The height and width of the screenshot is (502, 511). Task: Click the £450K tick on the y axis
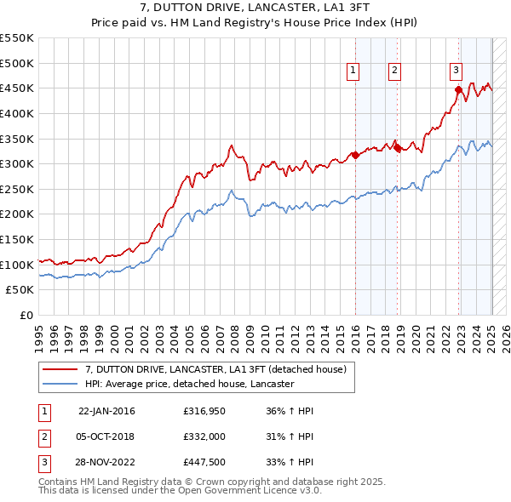click(18, 88)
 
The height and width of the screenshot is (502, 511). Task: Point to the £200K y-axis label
click(18, 214)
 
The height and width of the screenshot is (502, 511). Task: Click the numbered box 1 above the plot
click(352, 71)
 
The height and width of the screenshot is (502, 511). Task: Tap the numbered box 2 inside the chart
click(395, 71)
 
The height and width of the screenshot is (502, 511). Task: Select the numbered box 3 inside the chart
click(456, 71)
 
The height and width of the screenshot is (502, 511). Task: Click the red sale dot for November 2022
click(458, 88)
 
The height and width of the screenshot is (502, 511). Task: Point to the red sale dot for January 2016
click(355, 155)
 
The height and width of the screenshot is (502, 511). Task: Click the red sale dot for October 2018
click(397, 147)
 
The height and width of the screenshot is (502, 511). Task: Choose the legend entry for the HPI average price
click(189, 384)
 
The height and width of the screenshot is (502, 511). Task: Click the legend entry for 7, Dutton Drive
click(215, 370)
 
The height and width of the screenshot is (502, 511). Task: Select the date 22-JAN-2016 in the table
click(106, 411)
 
